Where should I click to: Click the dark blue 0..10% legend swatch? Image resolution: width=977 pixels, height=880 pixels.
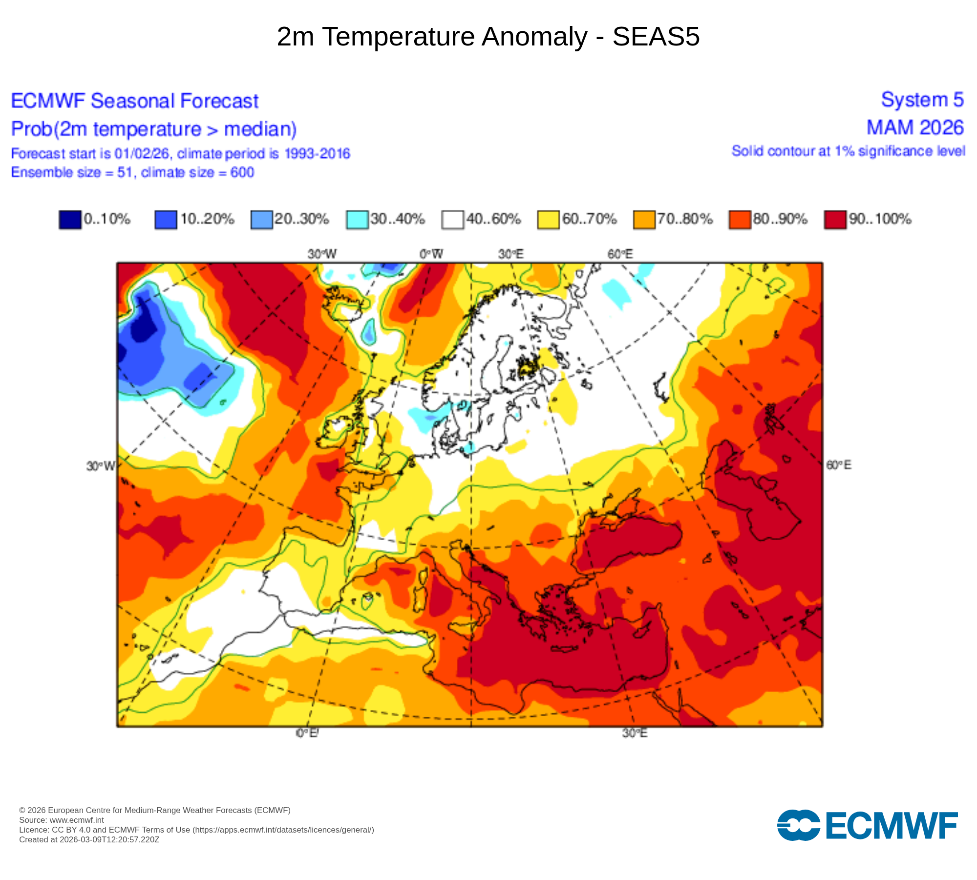click(70, 220)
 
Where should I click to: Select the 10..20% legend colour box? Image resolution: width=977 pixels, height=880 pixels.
click(166, 220)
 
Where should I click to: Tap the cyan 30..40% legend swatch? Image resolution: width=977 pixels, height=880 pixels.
click(357, 220)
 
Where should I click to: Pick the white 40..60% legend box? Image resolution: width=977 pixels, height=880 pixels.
click(453, 220)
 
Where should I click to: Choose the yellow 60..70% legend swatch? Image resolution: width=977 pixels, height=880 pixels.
click(548, 220)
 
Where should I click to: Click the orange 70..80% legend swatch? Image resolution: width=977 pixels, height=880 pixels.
click(644, 220)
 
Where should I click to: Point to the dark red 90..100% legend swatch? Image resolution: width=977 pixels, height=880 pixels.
click(835, 220)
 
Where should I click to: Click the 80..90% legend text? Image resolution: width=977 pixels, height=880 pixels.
click(780, 219)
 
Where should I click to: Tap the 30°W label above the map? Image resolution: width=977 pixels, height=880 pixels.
click(322, 254)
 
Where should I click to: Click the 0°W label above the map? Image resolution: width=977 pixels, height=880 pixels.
click(431, 254)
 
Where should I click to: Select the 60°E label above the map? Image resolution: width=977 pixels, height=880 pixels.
click(620, 254)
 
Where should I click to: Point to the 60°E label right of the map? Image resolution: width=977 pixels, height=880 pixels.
click(838, 465)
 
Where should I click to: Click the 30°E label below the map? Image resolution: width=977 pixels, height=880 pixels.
click(635, 733)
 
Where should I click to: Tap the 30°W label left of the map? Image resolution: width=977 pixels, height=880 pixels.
click(100, 466)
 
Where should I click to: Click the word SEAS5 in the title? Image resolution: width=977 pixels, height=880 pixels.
click(656, 37)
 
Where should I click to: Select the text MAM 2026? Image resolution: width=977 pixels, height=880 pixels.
click(914, 128)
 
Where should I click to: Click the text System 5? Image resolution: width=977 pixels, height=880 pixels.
click(922, 100)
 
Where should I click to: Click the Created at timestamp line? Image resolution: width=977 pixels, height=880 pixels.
click(89, 840)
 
